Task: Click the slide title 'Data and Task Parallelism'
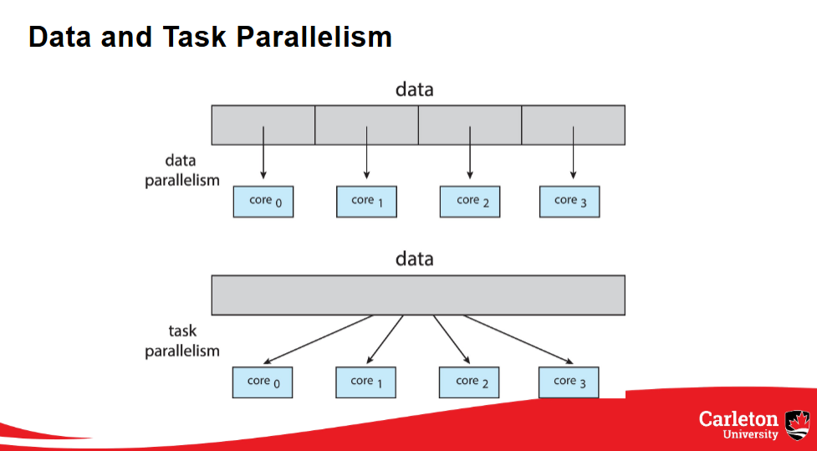click(x=210, y=37)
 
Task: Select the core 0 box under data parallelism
click(x=263, y=201)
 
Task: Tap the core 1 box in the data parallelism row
click(x=366, y=201)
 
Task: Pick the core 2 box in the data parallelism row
click(x=469, y=201)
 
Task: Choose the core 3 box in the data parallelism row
click(x=569, y=201)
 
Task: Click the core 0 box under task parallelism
click(x=263, y=382)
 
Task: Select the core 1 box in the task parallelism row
click(x=365, y=382)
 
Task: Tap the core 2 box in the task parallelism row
click(x=468, y=382)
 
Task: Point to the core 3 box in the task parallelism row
click(x=569, y=382)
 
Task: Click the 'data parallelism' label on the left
click(x=181, y=170)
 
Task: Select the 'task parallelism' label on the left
click(x=181, y=341)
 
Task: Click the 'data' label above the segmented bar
click(x=415, y=90)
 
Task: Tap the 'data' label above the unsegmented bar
click(x=415, y=259)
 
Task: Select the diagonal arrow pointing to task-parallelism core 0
click(x=318, y=340)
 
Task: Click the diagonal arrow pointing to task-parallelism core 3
click(x=518, y=340)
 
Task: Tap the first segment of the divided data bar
click(x=263, y=117)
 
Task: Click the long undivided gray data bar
click(x=418, y=295)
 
